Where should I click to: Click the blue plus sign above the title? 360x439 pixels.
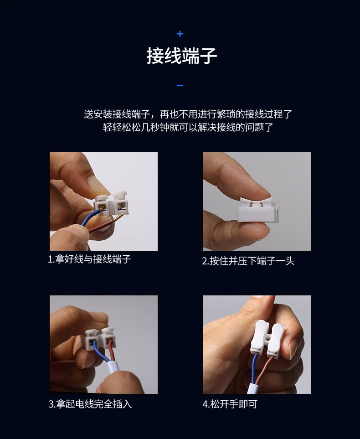click(x=180, y=34)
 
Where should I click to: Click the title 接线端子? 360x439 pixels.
click(x=182, y=56)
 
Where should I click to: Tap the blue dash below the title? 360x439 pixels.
click(x=180, y=85)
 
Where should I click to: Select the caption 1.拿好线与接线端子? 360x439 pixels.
click(x=89, y=259)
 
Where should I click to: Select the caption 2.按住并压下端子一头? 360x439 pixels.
click(x=248, y=261)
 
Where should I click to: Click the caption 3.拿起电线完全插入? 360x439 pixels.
click(x=90, y=404)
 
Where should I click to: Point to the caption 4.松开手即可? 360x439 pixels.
click(x=230, y=404)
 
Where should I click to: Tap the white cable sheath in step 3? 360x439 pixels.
click(x=113, y=367)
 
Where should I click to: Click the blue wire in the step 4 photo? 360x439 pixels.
click(x=254, y=370)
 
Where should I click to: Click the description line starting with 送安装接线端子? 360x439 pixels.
click(x=188, y=114)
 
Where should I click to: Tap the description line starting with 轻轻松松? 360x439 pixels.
click(x=188, y=127)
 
